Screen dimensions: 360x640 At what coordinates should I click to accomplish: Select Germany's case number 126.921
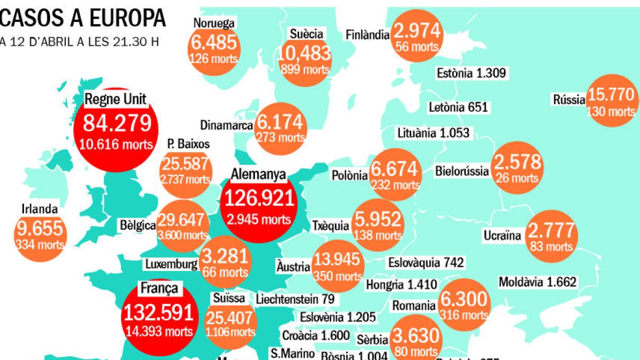pos(259,198)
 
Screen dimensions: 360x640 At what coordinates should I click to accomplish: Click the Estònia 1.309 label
pos(470,73)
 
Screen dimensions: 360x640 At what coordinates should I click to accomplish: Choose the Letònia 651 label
pos(458,107)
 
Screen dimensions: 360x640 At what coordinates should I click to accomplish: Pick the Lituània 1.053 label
pos(433,132)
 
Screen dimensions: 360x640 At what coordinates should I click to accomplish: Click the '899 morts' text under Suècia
pos(304,69)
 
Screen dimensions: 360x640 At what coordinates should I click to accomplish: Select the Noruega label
pos(214,23)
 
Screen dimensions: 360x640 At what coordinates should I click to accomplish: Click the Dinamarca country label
pos(226,125)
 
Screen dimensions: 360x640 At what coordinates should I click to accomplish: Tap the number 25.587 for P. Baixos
pos(186,164)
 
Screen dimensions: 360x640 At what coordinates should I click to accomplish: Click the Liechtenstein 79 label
pos(295,299)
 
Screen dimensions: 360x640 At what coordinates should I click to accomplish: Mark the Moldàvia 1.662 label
pos(538,282)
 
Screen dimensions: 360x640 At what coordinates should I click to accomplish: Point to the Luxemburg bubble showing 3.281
pos(226,261)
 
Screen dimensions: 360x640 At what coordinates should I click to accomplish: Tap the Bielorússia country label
pos(462,171)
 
